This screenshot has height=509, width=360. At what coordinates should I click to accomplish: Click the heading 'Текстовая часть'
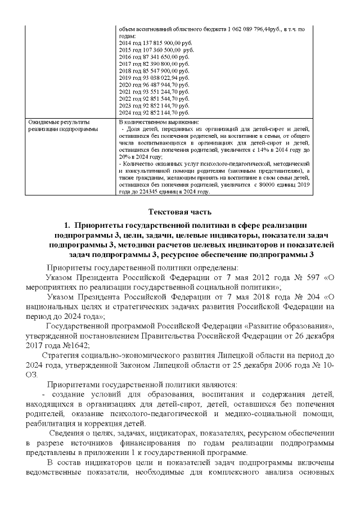[x=179, y=211]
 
